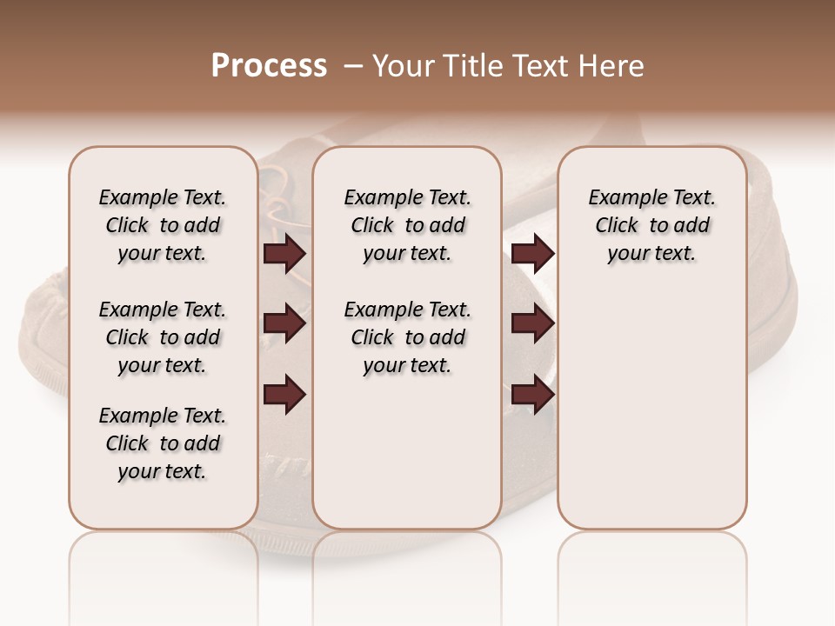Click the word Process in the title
[x=269, y=66]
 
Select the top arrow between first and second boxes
[x=284, y=254]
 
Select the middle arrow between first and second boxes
[x=284, y=324]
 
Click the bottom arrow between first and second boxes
[x=284, y=395]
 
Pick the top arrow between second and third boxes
[x=532, y=254]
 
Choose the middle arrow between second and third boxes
[x=532, y=324]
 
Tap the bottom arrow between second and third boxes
[x=532, y=395]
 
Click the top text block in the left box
[x=163, y=225]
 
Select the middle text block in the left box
[x=163, y=337]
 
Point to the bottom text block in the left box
[x=163, y=443]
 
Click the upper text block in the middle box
[x=407, y=225]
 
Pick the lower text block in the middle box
[x=407, y=337]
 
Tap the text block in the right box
[x=652, y=225]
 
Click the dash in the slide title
[x=353, y=66]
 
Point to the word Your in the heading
[x=404, y=66]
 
